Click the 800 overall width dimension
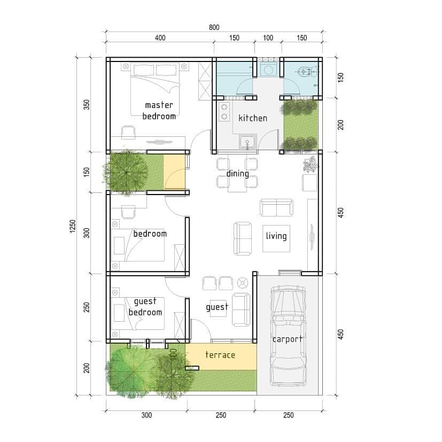214,27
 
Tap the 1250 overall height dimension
73,226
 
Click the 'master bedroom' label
159,111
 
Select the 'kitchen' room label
253,118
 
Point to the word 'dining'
238,173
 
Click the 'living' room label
276,236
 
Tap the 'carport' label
288,339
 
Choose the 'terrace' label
220,354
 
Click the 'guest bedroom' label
145,307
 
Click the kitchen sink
248,142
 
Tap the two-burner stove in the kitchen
224,112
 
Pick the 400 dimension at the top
160,38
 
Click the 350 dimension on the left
87,105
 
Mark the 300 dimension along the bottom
146,415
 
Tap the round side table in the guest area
243,283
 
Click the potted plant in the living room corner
311,165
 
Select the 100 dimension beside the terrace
174,354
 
